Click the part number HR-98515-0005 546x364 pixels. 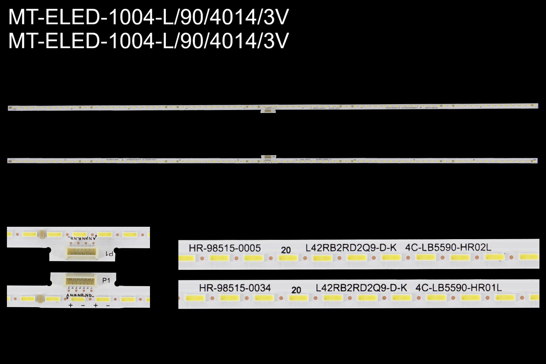pyautogui.click(x=225, y=248)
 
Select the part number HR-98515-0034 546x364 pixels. pyautogui.click(x=235, y=288)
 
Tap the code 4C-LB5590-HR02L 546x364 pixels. pyautogui.click(x=448, y=248)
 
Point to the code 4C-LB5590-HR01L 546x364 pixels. pyautogui.click(x=458, y=288)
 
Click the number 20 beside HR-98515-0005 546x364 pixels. pyautogui.click(x=286, y=250)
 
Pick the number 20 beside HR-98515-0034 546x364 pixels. pyautogui.click(x=296, y=290)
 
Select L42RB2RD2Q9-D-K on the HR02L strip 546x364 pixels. pyautogui.click(x=351, y=248)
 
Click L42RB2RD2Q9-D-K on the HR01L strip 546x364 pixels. pyautogui.click(x=361, y=288)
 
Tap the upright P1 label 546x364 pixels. pyautogui.click(x=106, y=281)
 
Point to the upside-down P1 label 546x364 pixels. pyautogui.click(x=109, y=254)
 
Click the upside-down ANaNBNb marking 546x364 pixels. pyautogui.click(x=81, y=238)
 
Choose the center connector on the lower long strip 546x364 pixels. pyautogui.click(x=268, y=157)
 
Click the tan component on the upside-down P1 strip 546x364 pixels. pyautogui.click(x=42, y=234)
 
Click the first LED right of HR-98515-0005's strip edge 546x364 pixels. pyautogui.click(x=186, y=258)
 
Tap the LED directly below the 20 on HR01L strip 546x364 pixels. pyautogui.click(x=298, y=298)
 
